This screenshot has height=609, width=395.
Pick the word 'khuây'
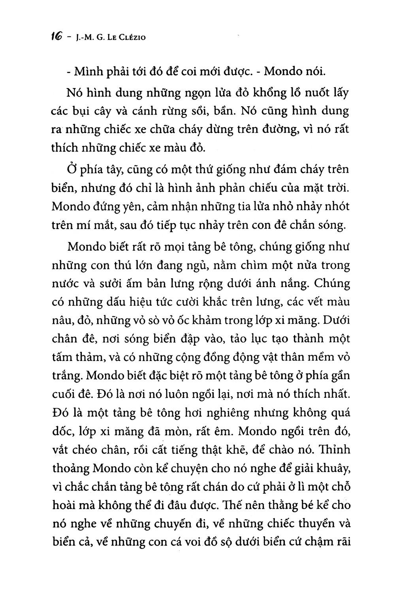click(x=332, y=468)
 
